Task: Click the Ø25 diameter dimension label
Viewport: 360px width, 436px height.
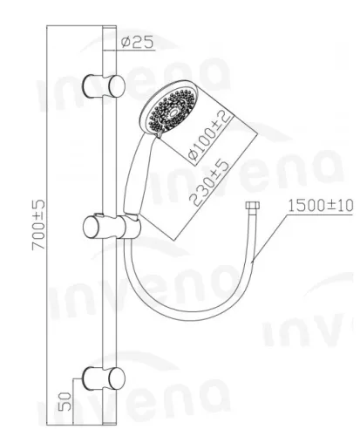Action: point(137,43)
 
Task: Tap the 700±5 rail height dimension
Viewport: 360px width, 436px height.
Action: point(38,224)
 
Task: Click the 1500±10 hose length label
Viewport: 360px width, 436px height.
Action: point(320,206)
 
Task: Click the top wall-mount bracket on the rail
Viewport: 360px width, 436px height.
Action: point(104,86)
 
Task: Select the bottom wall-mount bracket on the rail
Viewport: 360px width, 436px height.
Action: point(104,378)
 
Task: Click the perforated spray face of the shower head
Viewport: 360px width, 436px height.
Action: point(171,112)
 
